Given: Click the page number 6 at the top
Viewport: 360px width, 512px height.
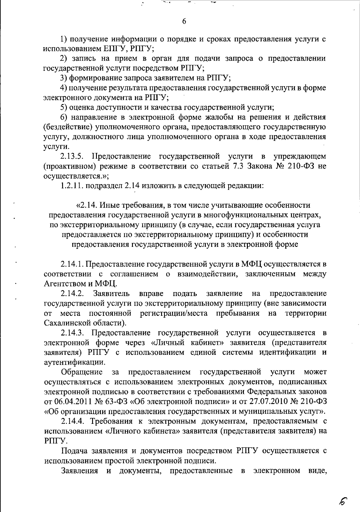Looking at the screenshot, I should (x=184, y=21).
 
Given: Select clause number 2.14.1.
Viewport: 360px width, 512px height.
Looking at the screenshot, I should (x=73, y=264).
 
